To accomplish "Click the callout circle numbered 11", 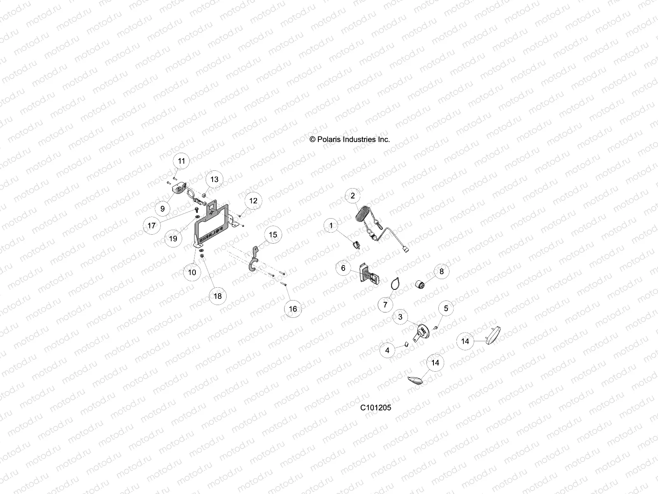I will point(181,161).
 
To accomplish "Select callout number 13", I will point(214,179).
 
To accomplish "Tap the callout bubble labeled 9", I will point(162,208).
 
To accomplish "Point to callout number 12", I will point(253,200).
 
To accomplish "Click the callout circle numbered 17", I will point(152,225).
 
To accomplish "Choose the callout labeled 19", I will point(173,238).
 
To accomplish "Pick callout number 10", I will point(192,272).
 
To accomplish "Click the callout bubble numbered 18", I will point(218,296).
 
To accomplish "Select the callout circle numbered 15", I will point(273,235).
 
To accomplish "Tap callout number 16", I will point(293,309).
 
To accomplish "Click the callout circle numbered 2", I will point(352,196).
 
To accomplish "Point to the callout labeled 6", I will point(343,268).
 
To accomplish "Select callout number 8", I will point(442,271).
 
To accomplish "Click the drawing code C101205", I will point(375,408).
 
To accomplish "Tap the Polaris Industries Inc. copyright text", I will point(350,140).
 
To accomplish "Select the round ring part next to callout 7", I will point(395,284).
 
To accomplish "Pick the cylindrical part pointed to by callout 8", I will point(421,285).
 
